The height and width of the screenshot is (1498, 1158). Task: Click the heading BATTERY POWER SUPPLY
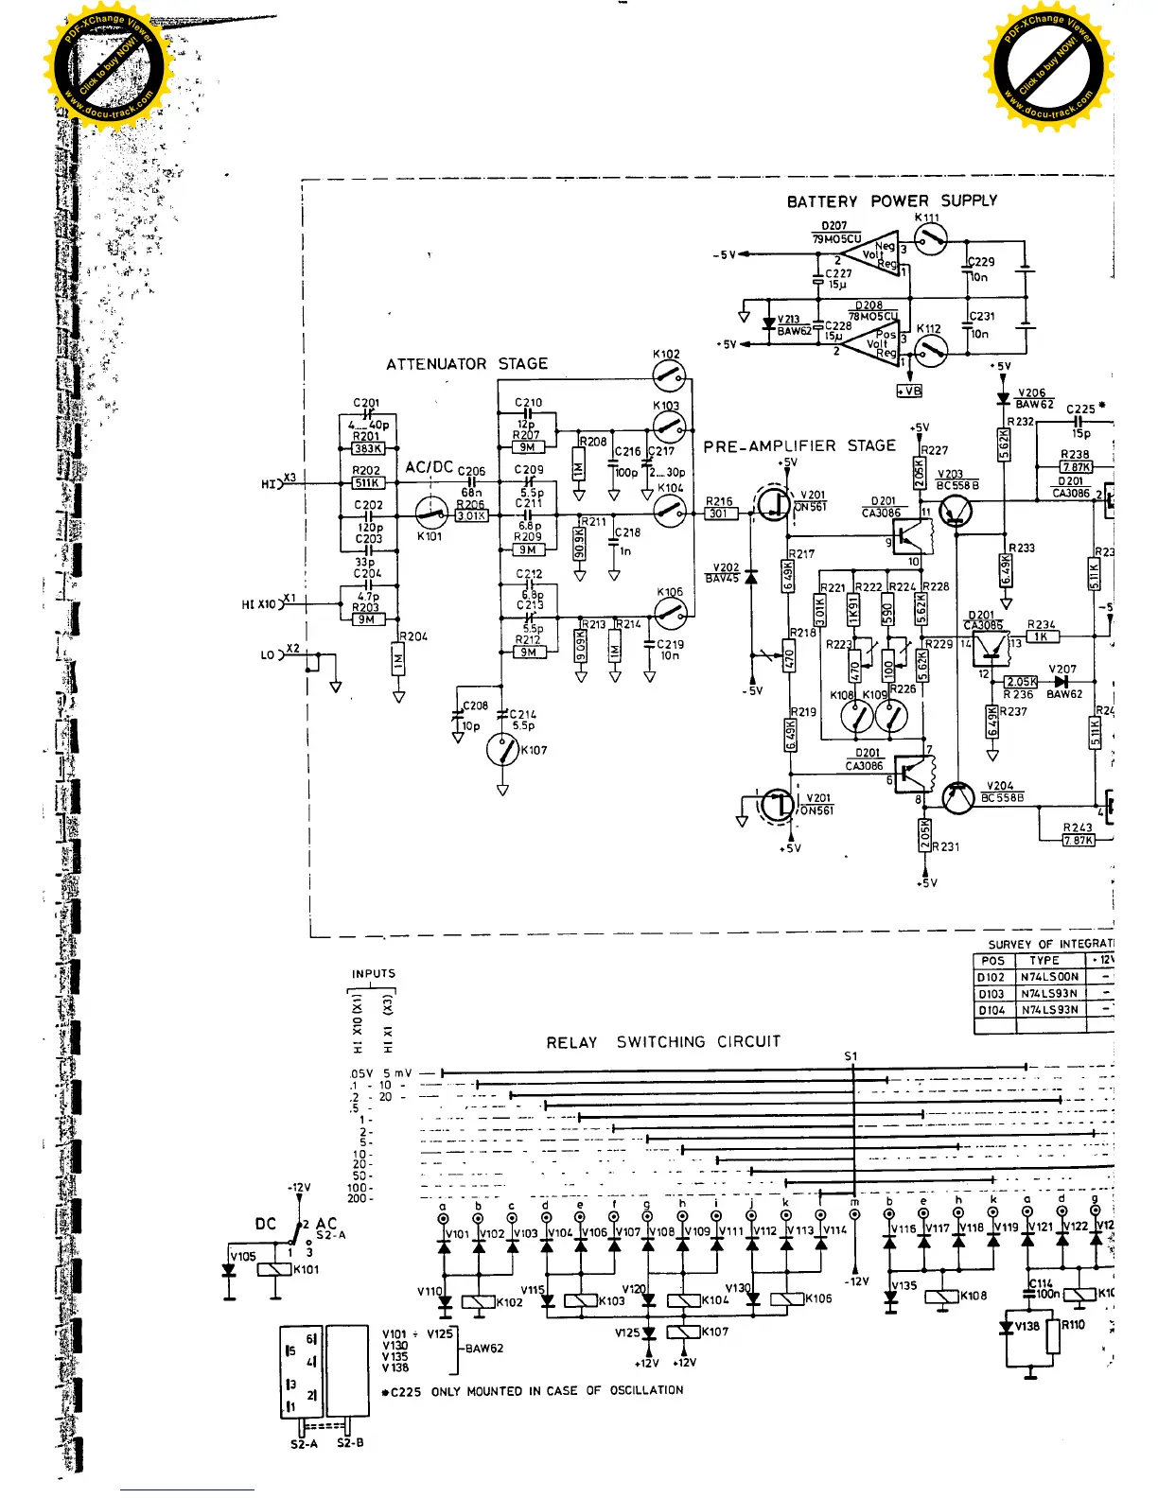[891, 200]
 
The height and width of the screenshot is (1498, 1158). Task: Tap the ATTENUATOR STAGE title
[466, 364]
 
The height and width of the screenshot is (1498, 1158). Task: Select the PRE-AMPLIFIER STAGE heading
[798, 446]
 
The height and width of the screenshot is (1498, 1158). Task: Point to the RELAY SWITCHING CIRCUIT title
[663, 1042]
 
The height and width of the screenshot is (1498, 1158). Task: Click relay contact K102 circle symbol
[669, 380]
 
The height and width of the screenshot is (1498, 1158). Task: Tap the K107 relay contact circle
[502, 751]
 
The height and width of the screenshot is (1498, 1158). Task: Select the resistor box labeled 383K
[367, 449]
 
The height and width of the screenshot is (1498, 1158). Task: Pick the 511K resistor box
[367, 483]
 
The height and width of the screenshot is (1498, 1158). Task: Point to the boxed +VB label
[909, 391]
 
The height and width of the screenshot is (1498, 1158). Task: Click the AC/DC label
[430, 467]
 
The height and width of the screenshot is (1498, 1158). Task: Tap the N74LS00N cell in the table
[1048, 977]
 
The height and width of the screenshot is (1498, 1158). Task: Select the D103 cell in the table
[991, 994]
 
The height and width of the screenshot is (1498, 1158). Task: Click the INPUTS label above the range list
[374, 973]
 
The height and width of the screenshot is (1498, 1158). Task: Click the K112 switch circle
[931, 353]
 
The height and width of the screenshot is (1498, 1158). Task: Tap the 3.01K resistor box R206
[471, 515]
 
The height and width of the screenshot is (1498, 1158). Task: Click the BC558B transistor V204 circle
[958, 799]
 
